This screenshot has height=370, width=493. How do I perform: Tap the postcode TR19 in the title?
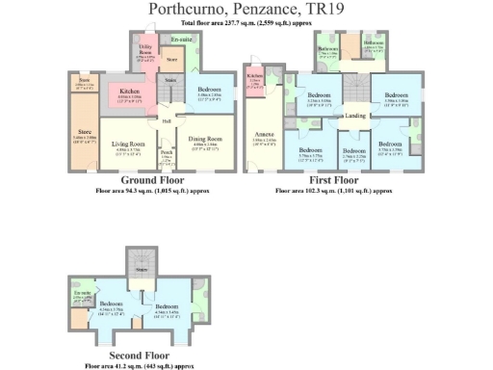point(323,10)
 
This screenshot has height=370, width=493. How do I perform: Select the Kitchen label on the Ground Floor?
point(130,92)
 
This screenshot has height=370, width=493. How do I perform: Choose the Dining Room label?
point(203,145)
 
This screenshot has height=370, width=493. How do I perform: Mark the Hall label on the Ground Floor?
point(166,121)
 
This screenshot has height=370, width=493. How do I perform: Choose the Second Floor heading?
point(145,357)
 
